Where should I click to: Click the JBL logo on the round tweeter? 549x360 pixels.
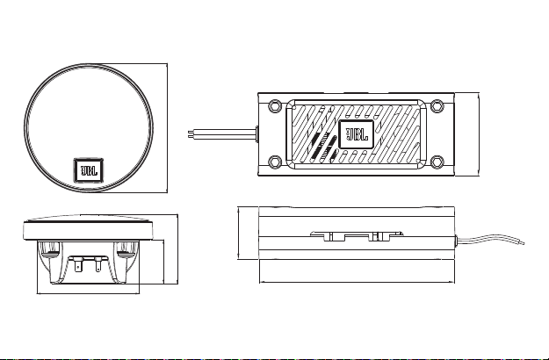(x=89, y=170)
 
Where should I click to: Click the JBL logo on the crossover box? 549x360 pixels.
(x=357, y=134)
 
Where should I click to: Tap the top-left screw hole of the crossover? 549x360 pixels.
(x=275, y=105)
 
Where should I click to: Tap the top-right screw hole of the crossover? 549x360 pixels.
(x=437, y=105)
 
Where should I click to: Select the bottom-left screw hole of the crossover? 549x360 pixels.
(x=275, y=162)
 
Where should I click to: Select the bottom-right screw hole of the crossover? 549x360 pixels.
(x=437, y=162)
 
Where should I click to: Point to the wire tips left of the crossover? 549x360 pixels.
(x=191, y=134)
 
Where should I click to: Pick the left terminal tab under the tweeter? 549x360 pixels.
(x=78, y=267)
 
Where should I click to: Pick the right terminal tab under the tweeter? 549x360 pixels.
(x=98, y=267)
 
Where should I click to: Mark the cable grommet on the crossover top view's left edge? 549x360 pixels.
(x=257, y=134)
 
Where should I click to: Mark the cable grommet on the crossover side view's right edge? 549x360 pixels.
(x=456, y=241)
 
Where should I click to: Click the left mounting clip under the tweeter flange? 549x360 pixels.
(x=49, y=248)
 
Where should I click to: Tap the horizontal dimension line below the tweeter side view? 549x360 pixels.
(x=88, y=293)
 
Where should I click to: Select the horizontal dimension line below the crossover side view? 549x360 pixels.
(x=358, y=282)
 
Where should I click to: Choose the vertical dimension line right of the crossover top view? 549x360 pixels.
(x=479, y=134)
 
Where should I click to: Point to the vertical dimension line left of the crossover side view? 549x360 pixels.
(x=238, y=233)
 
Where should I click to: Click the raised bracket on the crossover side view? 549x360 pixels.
(x=357, y=236)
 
